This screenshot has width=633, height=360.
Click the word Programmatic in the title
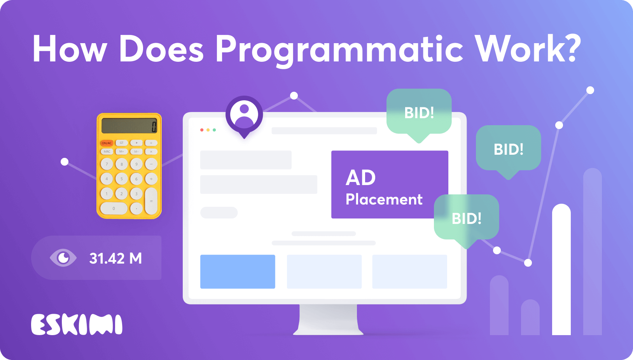[339, 50]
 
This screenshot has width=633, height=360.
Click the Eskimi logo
[77, 325]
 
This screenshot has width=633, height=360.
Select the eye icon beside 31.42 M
[63, 258]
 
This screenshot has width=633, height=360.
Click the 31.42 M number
[115, 259]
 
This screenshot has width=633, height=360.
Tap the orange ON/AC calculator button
[107, 143]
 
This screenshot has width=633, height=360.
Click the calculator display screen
[129, 126]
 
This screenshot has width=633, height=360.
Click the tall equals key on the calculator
[151, 201]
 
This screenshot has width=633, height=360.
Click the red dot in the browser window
[202, 130]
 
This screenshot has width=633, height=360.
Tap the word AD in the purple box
[360, 178]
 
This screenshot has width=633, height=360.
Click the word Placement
[384, 199]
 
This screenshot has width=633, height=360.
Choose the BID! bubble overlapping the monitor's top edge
[419, 113]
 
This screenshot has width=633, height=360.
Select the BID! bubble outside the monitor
[508, 149]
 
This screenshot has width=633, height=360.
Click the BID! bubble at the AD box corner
[466, 218]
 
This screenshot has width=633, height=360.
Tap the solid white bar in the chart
[561, 272]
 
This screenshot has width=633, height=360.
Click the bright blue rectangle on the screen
[238, 271]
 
